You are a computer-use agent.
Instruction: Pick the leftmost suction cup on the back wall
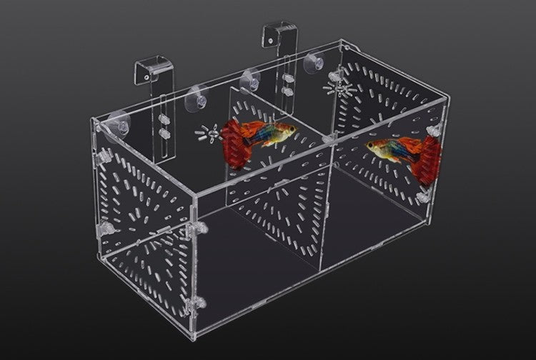tap(115, 122)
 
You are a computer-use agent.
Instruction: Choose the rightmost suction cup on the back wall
tap(312, 63)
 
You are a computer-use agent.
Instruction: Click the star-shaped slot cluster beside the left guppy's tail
tap(209, 133)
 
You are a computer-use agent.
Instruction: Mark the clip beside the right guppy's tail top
tap(432, 133)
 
